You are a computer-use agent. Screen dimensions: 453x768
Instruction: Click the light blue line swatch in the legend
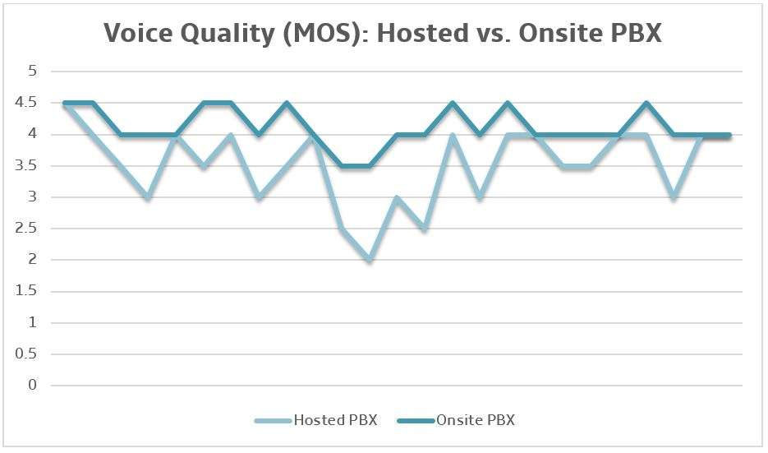tap(273, 421)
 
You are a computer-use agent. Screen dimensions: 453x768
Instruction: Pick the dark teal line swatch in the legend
tap(416, 421)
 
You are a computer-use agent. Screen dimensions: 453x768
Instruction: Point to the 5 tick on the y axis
tap(34, 72)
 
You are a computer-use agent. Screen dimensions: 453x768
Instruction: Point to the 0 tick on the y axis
tap(34, 386)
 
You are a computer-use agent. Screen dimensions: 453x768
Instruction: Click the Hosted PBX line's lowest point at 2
tap(370, 260)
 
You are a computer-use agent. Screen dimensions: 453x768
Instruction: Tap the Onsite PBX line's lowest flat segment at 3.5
tap(356, 166)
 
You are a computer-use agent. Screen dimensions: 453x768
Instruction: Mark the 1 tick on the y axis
tap(34, 323)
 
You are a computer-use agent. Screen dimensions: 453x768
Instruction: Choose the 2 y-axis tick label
tap(34, 260)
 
